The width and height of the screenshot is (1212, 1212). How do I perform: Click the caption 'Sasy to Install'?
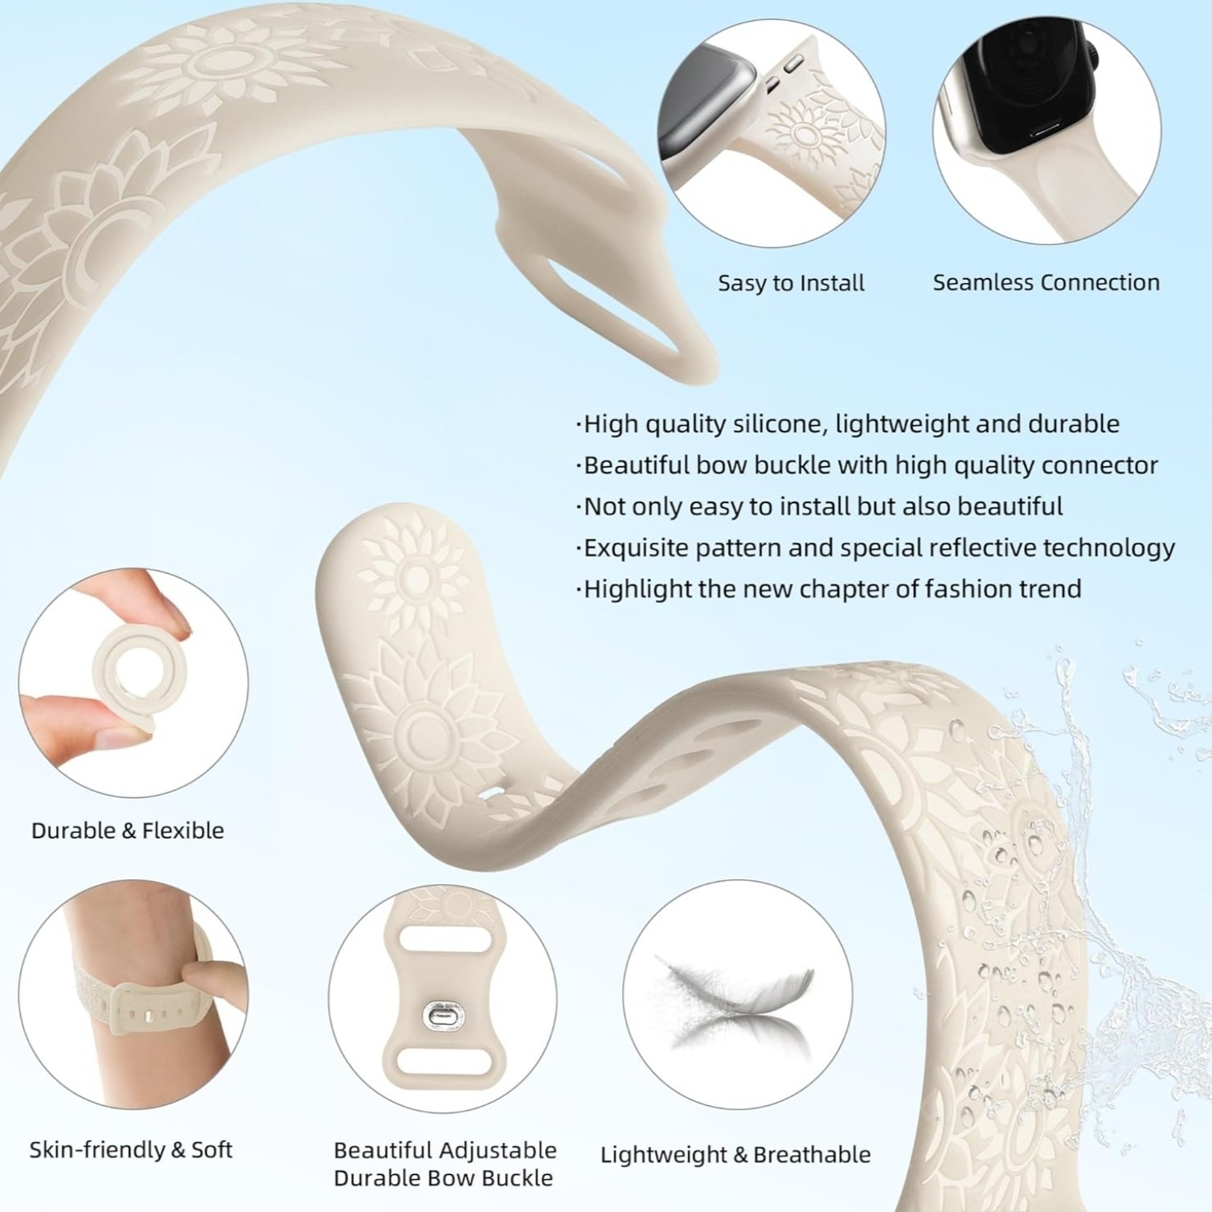(791, 283)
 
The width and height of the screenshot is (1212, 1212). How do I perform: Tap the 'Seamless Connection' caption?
(1046, 282)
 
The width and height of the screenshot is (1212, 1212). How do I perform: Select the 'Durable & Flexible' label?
(128, 830)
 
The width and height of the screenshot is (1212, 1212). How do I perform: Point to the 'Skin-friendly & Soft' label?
(131, 1150)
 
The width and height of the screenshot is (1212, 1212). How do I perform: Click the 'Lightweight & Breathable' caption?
(735, 1155)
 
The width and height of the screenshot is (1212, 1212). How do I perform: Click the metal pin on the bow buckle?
(441, 1017)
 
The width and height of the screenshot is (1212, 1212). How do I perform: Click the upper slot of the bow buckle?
(442, 940)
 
